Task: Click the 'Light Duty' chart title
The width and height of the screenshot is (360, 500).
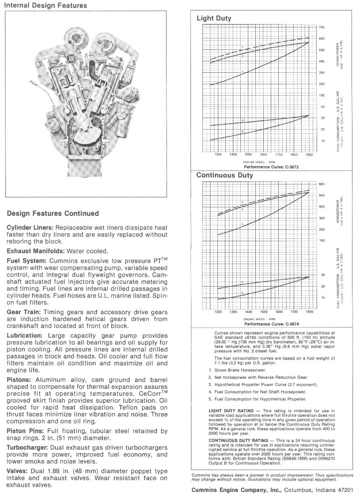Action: [214, 18]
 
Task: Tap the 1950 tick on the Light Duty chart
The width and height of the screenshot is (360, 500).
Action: [309, 155]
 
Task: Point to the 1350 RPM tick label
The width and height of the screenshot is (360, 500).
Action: [217, 155]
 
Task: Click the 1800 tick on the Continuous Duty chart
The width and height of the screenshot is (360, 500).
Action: [309, 312]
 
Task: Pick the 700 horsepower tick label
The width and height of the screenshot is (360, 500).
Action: [322, 27]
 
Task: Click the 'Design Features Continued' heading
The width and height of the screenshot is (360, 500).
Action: [53, 214]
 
